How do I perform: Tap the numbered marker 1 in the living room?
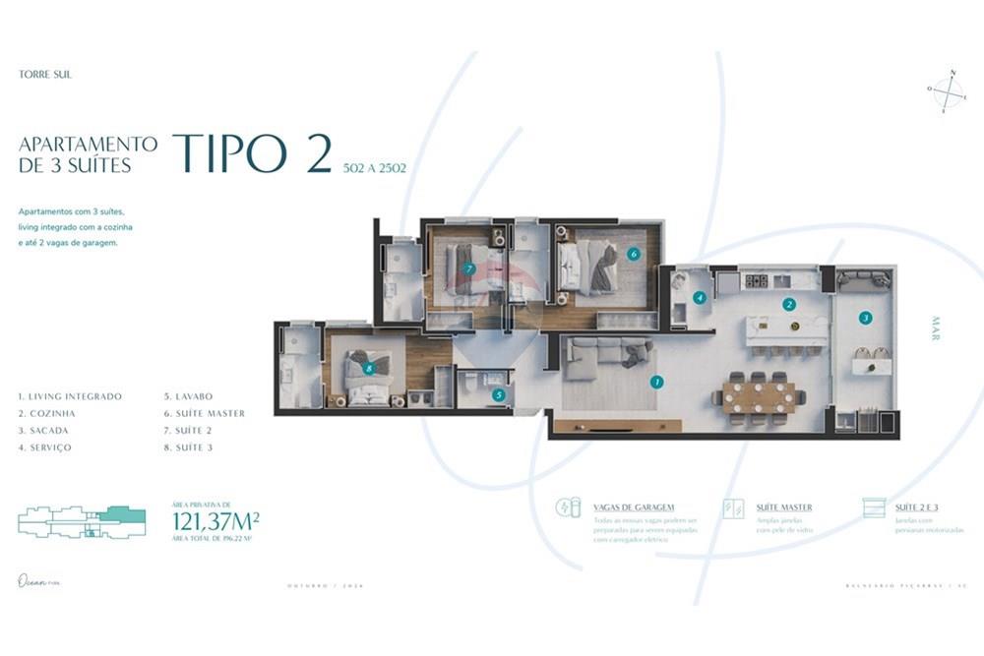pyautogui.click(x=657, y=382)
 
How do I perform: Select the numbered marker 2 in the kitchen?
pyautogui.click(x=788, y=305)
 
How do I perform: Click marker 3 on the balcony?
pyautogui.click(x=865, y=318)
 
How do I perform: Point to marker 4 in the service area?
pyautogui.click(x=700, y=297)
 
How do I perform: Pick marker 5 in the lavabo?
pyautogui.click(x=498, y=395)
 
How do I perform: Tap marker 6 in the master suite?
pyautogui.click(x=633, y=254)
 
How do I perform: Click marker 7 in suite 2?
pyautogui.click(x=468, y=268)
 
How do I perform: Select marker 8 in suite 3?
pyautogui.click(x=369, y=369)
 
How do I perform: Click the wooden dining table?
pyautogui.click(x=759, y=396)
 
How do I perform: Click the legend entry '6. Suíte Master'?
pyautogui.click(x=205, y=413)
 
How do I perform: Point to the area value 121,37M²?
pyautogui.click(x=215, y=521)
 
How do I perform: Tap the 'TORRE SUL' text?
pyautogui.click(x=45, y=74)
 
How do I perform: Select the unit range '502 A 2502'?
pyautogui.click(x=374, y=168)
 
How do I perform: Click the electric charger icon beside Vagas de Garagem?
pyautogui.click(x=569, y=508)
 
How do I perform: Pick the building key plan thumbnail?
pyautogui.click(x=82, y=521)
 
